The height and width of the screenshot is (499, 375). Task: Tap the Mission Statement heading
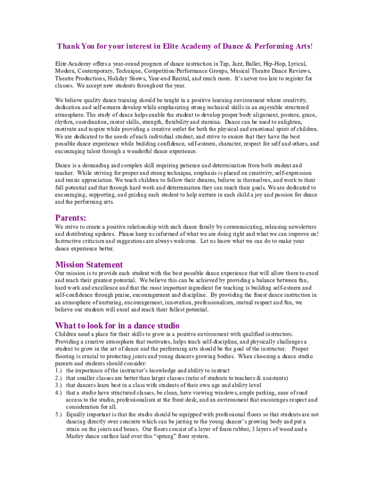(89, 265)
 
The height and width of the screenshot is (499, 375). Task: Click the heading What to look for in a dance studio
(117, 325)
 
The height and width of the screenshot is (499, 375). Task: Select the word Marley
(75, 437)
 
